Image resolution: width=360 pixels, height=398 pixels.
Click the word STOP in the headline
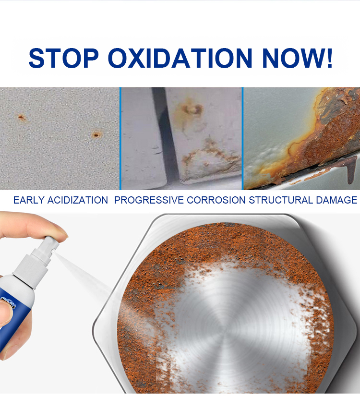coord(63,58)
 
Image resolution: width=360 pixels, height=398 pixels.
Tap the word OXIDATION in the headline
coord(180,58)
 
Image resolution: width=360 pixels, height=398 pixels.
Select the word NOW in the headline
coord(292,58)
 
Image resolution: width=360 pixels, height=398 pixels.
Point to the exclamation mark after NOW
coord(329,58)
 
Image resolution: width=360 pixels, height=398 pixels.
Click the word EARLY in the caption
coord(29,200)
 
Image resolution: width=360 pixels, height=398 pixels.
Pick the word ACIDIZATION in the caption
coord(78,200)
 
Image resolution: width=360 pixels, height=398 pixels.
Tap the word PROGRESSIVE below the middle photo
coord(149,200)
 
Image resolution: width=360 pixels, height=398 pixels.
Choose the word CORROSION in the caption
coord(216,200)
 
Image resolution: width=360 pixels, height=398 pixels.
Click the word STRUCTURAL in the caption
coord(281,200)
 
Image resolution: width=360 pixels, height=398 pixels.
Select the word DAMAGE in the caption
coord(336,200)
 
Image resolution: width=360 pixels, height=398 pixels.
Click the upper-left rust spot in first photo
coord(21,117)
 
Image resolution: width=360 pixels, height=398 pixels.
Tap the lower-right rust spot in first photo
coord(96,134)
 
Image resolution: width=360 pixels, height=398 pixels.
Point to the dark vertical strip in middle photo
coord(166,137)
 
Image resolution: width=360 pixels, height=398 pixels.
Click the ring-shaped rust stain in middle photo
coord(191,109)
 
